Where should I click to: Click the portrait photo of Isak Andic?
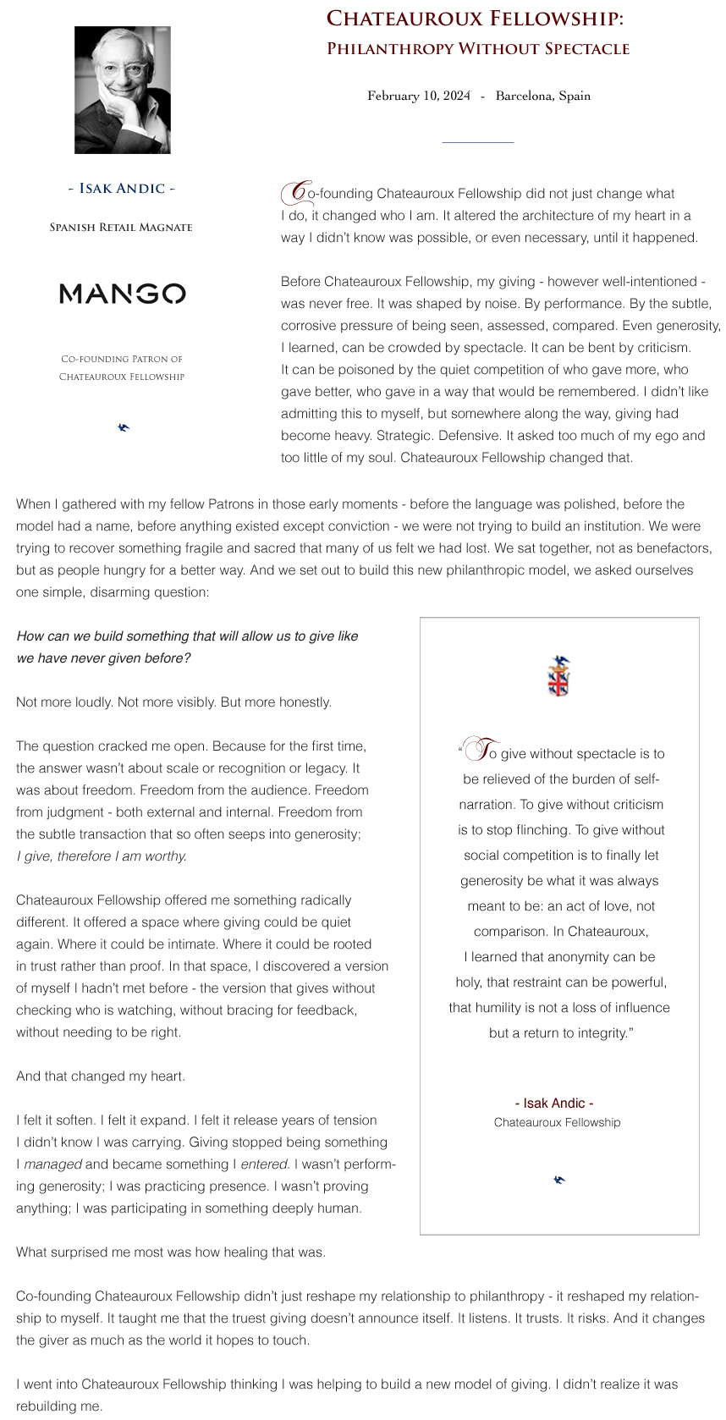pyautogui.click(x=123, y=90)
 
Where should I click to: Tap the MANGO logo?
pyautogui.click(x=123, y=294)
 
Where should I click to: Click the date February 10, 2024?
pyautogui.click(x=418, y=96)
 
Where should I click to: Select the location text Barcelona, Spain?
pyautogui.click(x=542, y=96)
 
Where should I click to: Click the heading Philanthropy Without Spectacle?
pyautogui.click(x=478, y=48)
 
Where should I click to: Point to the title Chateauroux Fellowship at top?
pyautogui.click(x=475, y=19)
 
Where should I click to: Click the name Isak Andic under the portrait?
pyautogui.click(x=122, y=188)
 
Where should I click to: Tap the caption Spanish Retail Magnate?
pyautogui.click(x=121, y=227)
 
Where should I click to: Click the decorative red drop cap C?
pyautogui.click(x=295, y=192)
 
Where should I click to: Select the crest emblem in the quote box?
pyautogui.click(x=559, y=675)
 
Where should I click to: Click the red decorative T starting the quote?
pyautogui.click(x=485, y=750)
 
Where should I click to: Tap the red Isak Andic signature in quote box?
pyautogui.click(x=554, y=1103)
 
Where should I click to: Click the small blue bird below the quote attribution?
pyautogui.click(x=558, y=1179)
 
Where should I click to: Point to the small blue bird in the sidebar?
pyautogui.click(x=124, y=427)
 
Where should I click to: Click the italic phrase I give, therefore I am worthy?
pyautogui.click(x=102, y=856)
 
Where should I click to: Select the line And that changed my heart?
pyautogui.click(x=101, y=1076)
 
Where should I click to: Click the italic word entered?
pyautogui.click(x=264, y=1164)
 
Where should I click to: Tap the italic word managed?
pyautogui.click(x=52, y=1164)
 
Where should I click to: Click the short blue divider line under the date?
pyautogui.click(x=477, y=142)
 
